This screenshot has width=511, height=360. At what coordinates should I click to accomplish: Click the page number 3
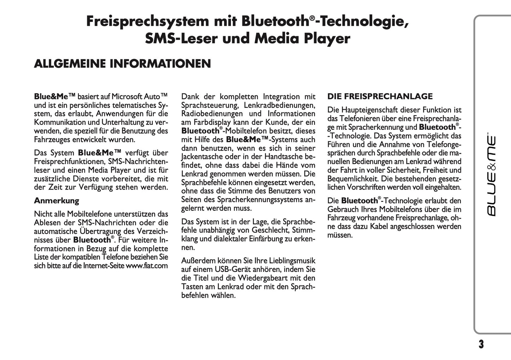[x=481, y=344]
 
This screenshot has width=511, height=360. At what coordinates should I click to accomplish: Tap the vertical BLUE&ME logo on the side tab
[x=492, y=175]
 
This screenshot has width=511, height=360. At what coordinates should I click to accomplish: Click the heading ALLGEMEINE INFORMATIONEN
[x=122, y=64]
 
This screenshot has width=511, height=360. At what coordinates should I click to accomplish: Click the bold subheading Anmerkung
[x=57, y=201]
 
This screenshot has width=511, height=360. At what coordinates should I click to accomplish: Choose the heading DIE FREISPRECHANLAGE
[x=380, y=97]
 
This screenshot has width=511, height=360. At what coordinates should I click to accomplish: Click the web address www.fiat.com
[x=147, y=266]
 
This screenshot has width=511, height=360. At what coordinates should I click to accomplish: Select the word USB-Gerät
[x=233, y=269]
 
